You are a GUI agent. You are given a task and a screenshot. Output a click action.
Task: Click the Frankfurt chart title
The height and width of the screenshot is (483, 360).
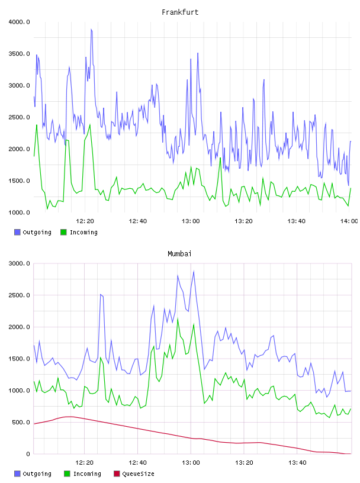click(180, 12)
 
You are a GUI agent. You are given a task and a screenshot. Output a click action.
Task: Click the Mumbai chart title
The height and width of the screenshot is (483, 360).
click(179, 254)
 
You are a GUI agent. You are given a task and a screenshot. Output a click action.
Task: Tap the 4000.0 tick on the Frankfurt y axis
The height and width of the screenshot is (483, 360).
click(20, 22)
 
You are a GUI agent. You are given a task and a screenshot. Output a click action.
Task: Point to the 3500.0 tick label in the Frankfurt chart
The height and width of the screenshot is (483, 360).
click(20, 54)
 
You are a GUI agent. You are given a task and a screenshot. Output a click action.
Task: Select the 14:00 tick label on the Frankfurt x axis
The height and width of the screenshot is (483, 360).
click(349, 221)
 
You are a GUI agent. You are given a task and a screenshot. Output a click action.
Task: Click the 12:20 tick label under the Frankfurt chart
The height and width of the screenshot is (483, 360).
click(85, 221)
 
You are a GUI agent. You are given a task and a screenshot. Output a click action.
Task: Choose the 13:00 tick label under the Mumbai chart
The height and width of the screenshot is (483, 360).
click(191, 463)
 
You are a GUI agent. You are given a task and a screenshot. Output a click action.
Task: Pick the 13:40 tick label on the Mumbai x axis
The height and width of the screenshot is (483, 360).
click(297, 463)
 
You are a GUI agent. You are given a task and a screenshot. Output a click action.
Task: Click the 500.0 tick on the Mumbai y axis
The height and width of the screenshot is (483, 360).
click(21, 422)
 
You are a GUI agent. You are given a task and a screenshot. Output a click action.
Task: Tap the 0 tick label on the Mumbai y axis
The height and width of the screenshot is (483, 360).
click(28, 454)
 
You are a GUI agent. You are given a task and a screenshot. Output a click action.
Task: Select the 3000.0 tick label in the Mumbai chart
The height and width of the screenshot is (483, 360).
click(20, 263)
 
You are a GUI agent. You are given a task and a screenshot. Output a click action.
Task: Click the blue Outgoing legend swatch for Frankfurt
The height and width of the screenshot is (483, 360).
click(17, 232)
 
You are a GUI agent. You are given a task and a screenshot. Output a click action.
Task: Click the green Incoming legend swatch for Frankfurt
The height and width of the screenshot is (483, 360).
click(63, 232)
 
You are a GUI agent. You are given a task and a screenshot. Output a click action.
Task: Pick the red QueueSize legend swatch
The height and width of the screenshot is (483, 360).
click(117, 474)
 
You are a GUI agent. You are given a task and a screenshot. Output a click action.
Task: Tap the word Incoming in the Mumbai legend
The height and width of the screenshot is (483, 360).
click(87, 474)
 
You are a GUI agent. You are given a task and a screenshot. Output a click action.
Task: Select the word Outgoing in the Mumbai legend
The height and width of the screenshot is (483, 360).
click(37, 474)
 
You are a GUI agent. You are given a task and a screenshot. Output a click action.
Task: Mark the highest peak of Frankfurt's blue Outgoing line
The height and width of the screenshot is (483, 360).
click(91, 30)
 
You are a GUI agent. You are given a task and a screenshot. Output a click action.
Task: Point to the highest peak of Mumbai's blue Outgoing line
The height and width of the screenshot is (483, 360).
click(194, 271)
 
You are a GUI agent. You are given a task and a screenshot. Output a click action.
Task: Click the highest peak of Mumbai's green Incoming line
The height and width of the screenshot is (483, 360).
click(178, 319)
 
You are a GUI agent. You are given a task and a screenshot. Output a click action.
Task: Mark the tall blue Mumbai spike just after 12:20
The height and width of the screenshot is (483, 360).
click(101, 295)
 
